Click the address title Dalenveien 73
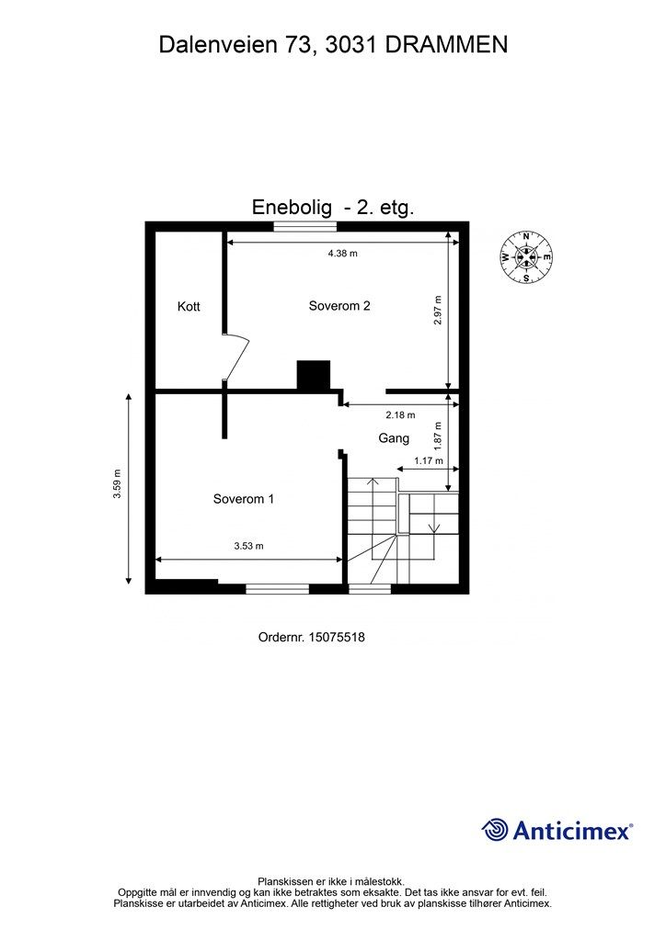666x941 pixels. click(x=333, y=44)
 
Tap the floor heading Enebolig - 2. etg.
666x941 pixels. click(x=333, y=208)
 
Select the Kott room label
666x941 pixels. click(x=189, y=307)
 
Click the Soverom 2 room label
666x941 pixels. click(x=339, y=306)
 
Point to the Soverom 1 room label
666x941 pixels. click(x=243, y=499)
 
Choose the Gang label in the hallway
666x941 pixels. click(x=394, y=438)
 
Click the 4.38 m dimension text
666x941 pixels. click(x=342, y=253)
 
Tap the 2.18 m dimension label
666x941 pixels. click(x=400, y=414)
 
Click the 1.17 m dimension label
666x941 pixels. click(x=428, y=460)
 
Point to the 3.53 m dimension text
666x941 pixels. click(x=248, y=546)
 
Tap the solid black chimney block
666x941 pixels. click(x=314, y=375)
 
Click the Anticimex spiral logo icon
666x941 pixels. click(x=495, y=829)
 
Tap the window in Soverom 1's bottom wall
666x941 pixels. click(x=277, y=588)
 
